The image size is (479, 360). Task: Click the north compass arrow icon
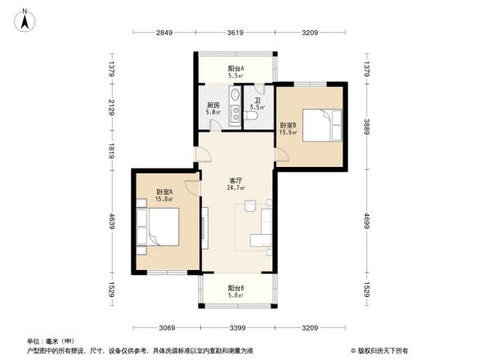[25, 17]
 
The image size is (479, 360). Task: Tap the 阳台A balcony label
[236, 69]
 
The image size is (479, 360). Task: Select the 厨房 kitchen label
[212, 105]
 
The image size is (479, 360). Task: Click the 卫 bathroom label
[256, 101]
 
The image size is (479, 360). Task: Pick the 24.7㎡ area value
[236, 187]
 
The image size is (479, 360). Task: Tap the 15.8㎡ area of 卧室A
[165, 198]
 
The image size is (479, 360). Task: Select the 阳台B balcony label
[236, 289]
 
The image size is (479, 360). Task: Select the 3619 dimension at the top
[236, 33]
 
